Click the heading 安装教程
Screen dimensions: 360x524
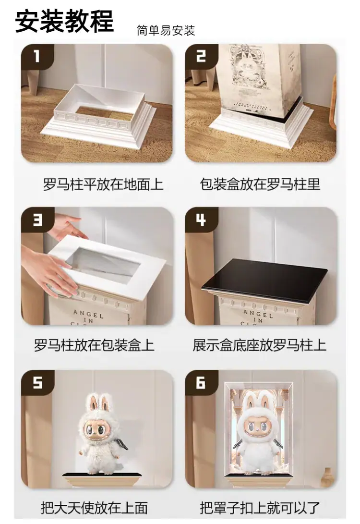(64, 21)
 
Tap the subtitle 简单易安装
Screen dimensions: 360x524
(166, 30)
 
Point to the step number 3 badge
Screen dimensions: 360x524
(37, 219)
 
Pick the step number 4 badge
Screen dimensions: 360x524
(201, 219)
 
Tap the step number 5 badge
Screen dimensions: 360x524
(37, 382)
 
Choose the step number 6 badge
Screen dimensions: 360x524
(201, 382)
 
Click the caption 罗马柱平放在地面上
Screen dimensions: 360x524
(103, 184)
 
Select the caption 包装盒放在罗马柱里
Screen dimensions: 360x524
(260, 184)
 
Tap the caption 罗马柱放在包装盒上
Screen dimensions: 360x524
(94, 345)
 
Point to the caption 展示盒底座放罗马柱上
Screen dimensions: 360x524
(260, 345)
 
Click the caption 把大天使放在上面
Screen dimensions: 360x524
(94, 508)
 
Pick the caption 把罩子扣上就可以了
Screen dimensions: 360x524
(260, 508)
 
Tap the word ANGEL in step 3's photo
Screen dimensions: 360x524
(88, 314)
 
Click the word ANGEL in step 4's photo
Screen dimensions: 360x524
(258, 314)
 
